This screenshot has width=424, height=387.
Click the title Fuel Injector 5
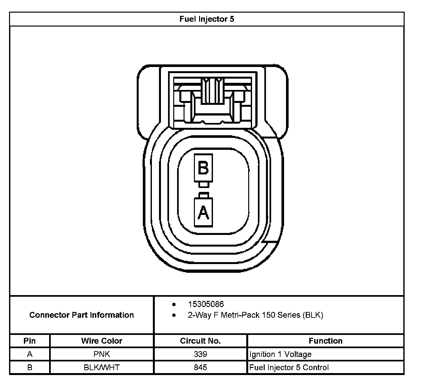point(207,19)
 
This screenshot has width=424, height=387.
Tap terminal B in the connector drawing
point(203,168)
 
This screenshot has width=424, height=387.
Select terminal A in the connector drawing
point(203,212)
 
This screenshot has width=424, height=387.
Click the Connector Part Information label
point(81,315)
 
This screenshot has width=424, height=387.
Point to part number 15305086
point(206,304)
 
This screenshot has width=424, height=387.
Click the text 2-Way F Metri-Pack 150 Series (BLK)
point(255,315)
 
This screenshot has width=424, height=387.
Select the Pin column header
point(30,341)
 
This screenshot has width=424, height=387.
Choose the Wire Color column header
point(102,341)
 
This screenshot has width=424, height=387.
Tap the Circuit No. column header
point(200,341)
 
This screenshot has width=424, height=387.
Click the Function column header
point(325,341)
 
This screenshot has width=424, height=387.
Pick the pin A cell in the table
point(30,354)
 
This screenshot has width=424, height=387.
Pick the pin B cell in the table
point(30,368)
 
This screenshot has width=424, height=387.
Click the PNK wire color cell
point(102,354)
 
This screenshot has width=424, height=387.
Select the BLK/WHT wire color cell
point(102,368)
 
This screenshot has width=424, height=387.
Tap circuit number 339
point(200,354)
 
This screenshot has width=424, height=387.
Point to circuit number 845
point(200,368)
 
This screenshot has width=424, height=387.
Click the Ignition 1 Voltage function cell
point(280,354)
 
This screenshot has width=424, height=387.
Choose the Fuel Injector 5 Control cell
point(289,368)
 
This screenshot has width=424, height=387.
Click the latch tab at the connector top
point(211,91)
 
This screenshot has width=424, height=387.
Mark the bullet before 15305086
point(174,304)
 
